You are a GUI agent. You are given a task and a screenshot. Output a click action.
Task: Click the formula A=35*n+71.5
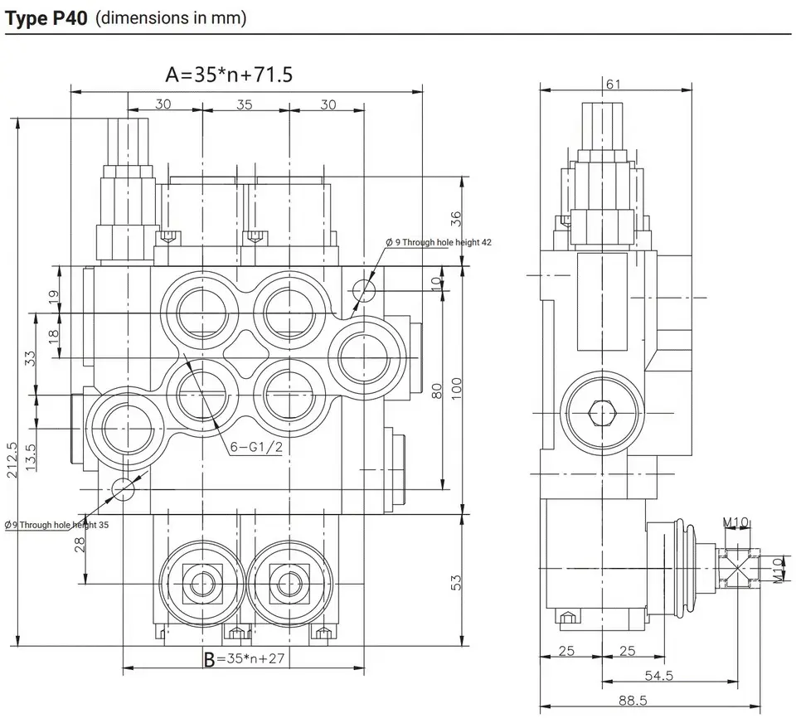pyautogui.click(x=229, y=75)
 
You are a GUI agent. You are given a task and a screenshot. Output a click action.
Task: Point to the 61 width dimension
pyautogui.click(x=614, y=84)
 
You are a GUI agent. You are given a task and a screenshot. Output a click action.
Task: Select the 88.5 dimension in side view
pyautogui.click(x=632, y=701)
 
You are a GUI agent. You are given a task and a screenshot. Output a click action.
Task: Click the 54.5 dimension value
pyautogui.click(x=658, y=677)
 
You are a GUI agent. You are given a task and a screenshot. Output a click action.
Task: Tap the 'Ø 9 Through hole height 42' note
pyautogui.click(x=439, y=242)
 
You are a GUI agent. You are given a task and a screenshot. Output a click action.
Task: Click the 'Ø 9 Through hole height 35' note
pyautogui.click(x=56, y=525)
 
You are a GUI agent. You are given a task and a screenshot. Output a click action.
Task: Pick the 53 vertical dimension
pyautogui.click(x=455, y=582)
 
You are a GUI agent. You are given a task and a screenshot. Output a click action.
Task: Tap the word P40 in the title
pyautogui.click(x=68, y=17)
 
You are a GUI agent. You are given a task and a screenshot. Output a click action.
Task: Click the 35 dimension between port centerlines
pyautogui.click(x=245, y=104)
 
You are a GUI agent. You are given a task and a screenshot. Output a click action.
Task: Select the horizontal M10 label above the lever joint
pyautogui.click(x=735, y=522)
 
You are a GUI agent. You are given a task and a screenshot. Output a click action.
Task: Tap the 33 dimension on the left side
pyautogui.click(x=30, y=358)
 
